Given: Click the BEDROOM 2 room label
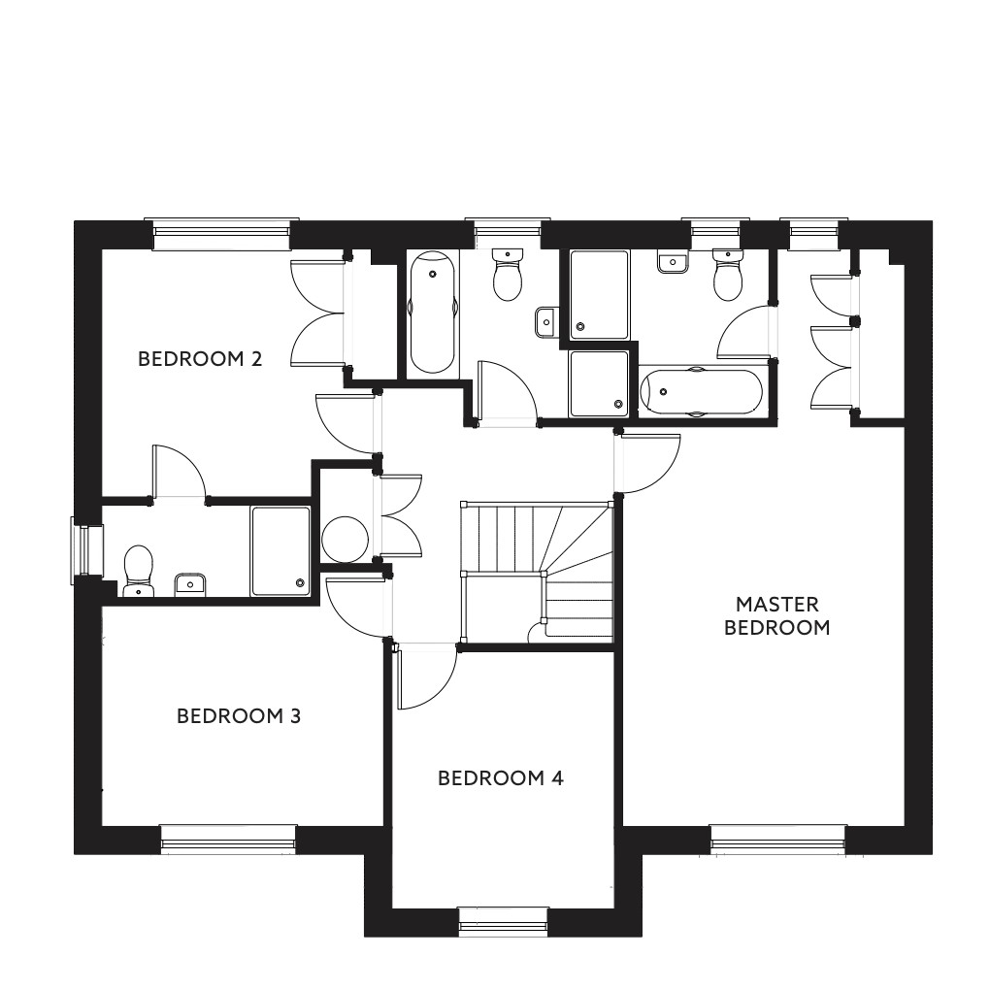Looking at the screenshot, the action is point(200,359).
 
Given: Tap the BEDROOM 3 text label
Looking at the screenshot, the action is point(239,716).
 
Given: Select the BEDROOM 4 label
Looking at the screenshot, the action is point(500,777).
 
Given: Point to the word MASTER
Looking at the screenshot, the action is point(776,605).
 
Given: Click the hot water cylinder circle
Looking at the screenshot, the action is point(345,540).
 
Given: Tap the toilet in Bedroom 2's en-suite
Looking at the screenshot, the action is point(138,571).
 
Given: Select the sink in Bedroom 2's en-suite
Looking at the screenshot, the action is point(190,584).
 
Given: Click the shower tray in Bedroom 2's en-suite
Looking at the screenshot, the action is point(280,551).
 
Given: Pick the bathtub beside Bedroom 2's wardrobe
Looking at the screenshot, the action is point(433,313).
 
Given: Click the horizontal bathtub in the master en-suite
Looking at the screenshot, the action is point(701,392).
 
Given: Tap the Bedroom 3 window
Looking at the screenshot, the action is point(228,839).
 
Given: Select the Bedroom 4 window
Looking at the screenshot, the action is point(503,921).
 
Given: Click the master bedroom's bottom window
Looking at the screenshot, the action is point(777,839).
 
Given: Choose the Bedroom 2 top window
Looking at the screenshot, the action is point(221,234).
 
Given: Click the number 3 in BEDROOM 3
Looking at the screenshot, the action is point(295,716).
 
